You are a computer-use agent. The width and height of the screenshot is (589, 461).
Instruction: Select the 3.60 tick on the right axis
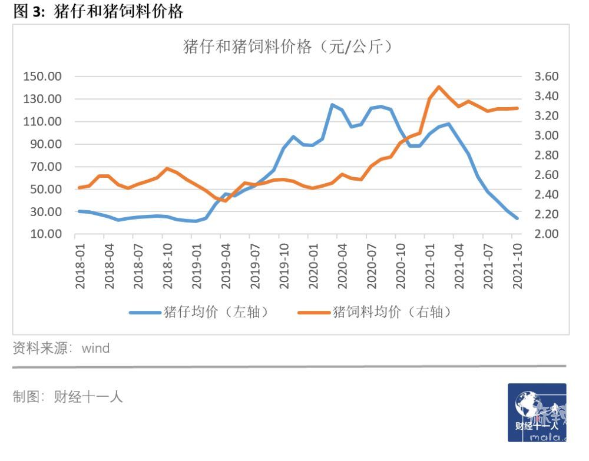tap(545, 77)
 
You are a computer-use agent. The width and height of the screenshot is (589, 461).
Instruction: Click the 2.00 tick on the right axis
tap(545, 234)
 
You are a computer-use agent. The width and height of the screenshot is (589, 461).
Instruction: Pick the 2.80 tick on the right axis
tap(545, 155)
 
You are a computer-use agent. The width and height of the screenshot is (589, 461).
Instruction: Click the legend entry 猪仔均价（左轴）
tap(200, 312)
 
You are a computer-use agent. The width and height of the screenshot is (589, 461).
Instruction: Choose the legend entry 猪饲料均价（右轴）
tap(377, 312)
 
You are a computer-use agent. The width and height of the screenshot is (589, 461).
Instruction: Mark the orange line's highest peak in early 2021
tap(439, 87)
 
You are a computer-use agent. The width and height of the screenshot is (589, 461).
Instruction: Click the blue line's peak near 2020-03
tap(332, 105)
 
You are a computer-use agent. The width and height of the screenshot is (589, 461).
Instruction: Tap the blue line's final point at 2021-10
tap(517, 218)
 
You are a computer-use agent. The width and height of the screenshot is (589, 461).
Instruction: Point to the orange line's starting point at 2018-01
tap(80, 188)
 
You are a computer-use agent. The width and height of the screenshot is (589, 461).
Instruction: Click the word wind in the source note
tap(95, 348)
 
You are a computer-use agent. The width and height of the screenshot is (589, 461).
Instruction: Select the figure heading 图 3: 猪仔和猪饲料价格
tap(98, 11)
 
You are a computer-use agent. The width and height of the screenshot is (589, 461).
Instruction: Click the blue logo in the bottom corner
tap(537, 412)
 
